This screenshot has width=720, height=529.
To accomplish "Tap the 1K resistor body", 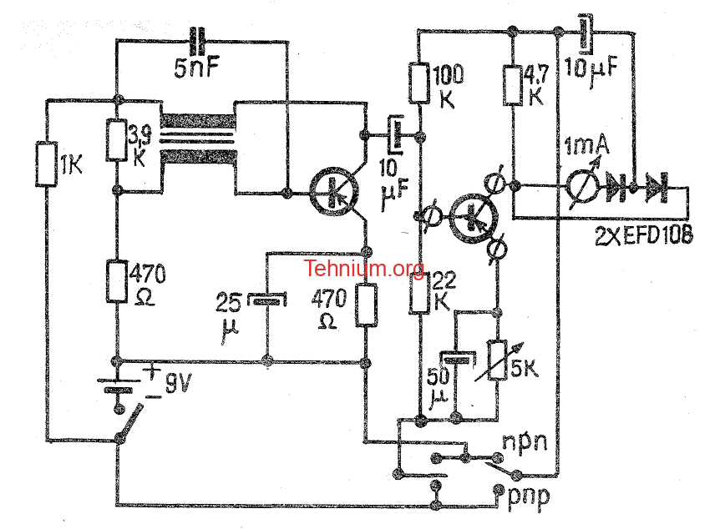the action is click(x=47, y=164).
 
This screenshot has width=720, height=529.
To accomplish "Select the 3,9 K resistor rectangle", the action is click(x=117, y=140).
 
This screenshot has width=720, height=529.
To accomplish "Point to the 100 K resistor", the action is click(x=419, y=83).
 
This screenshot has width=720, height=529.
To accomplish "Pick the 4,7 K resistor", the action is click(x=513, y=86).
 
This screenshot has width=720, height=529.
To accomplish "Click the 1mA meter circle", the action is click(x=582, y=186).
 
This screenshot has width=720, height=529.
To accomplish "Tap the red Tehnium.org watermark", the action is click(x=363, y=269).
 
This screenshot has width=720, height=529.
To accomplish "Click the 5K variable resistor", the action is click(x=497, y=360).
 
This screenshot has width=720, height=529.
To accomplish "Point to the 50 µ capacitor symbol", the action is click(x=456, y=358).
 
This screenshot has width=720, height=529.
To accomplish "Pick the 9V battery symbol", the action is click(x=119, y=385).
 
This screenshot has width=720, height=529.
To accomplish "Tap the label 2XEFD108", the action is click(x=643, y=236).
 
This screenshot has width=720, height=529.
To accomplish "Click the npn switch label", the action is click(x=525, y=442).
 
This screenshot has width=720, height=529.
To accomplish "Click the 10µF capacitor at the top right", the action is click(x=585, y=33).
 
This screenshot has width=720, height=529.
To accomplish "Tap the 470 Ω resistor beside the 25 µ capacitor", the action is click(x=367, y=305).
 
